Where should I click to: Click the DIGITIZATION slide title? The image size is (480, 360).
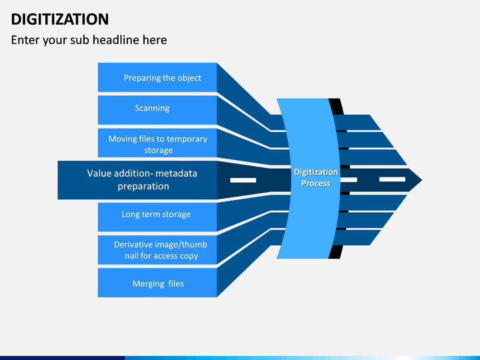[x=60, y=19]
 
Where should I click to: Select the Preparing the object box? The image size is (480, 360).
[x=157, y=77]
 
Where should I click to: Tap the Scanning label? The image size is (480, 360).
[x=152, y=108]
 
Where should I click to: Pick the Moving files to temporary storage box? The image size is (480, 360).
[x=157, y=143]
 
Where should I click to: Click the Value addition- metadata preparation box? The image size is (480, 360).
[x=137, y=180]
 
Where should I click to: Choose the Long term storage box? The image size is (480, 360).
[x=157, y=217]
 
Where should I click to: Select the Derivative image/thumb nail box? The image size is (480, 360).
[x=157, y=250]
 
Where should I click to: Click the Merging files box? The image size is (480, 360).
[x=157, y=283]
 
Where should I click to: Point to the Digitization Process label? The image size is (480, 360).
[x=316, y=177]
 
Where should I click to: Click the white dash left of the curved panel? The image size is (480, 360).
[x=243, y=180]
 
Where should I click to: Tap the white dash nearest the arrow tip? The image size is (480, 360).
[x=392, y=179]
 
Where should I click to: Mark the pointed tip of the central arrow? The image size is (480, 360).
[x=422, y=180]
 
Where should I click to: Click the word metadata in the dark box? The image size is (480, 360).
[x=176, y=173]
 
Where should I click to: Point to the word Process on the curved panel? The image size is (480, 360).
[x=316, y=183]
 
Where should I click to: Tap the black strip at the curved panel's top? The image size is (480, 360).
[x=336, y=106]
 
